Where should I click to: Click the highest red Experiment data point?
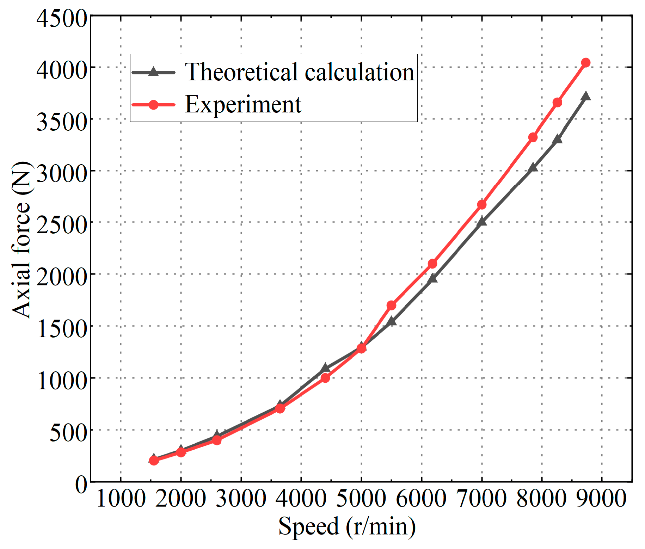(x=585, y=63)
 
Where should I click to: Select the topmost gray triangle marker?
(x=586, y=96)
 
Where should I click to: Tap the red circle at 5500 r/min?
(x=391, y=305)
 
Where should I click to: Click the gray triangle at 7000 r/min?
(x=482, y=222)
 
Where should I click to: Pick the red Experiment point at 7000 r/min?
(x=482, y=205)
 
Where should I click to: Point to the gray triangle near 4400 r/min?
(x=325, y=368)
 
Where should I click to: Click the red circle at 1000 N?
(x=325, y=378)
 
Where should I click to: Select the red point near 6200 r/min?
(x=432, y=264)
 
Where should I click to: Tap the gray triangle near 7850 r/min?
(x=533, y=167)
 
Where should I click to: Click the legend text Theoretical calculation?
(x=300, y=72)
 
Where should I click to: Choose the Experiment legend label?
(x=243, y=105)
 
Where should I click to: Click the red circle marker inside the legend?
(x=153, y=105)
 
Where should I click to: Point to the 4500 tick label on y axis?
(x=62, y=18)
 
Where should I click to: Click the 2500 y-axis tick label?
(x=62, y=225)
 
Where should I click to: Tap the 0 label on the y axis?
(x=81, y=485)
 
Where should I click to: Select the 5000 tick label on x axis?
(x=361, y=499)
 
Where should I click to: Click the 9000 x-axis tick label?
(x=601, y=499)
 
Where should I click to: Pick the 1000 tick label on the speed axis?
(x=121, y=499)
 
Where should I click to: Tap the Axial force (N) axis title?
(x=22, y=240)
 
